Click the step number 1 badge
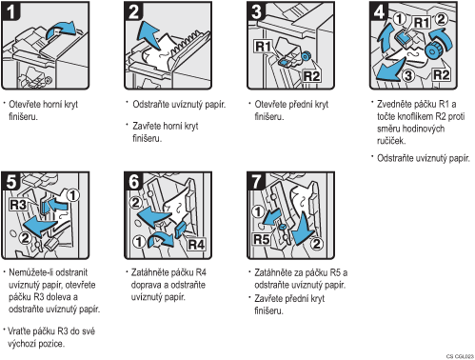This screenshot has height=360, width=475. (10, 11)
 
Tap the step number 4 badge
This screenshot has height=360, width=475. (379, 11)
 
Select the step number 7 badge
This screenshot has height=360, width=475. (257, 181)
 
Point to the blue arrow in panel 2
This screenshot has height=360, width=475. (148, 33)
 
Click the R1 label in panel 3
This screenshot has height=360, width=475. (264, 47)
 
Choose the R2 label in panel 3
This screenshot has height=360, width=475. (311, 76)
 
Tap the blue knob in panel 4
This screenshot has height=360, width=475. (432, 50)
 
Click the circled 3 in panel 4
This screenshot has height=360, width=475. (408, 75)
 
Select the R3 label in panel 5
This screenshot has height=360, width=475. (18, 205)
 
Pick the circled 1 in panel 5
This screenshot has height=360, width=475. (73, 195)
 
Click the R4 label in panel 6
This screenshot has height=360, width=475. (196, 245)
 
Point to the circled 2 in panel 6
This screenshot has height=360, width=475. (136, 202)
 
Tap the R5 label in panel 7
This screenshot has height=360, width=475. (262, 239)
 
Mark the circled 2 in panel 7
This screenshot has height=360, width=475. (316, 244)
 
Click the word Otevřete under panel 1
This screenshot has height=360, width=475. (25, 104)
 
